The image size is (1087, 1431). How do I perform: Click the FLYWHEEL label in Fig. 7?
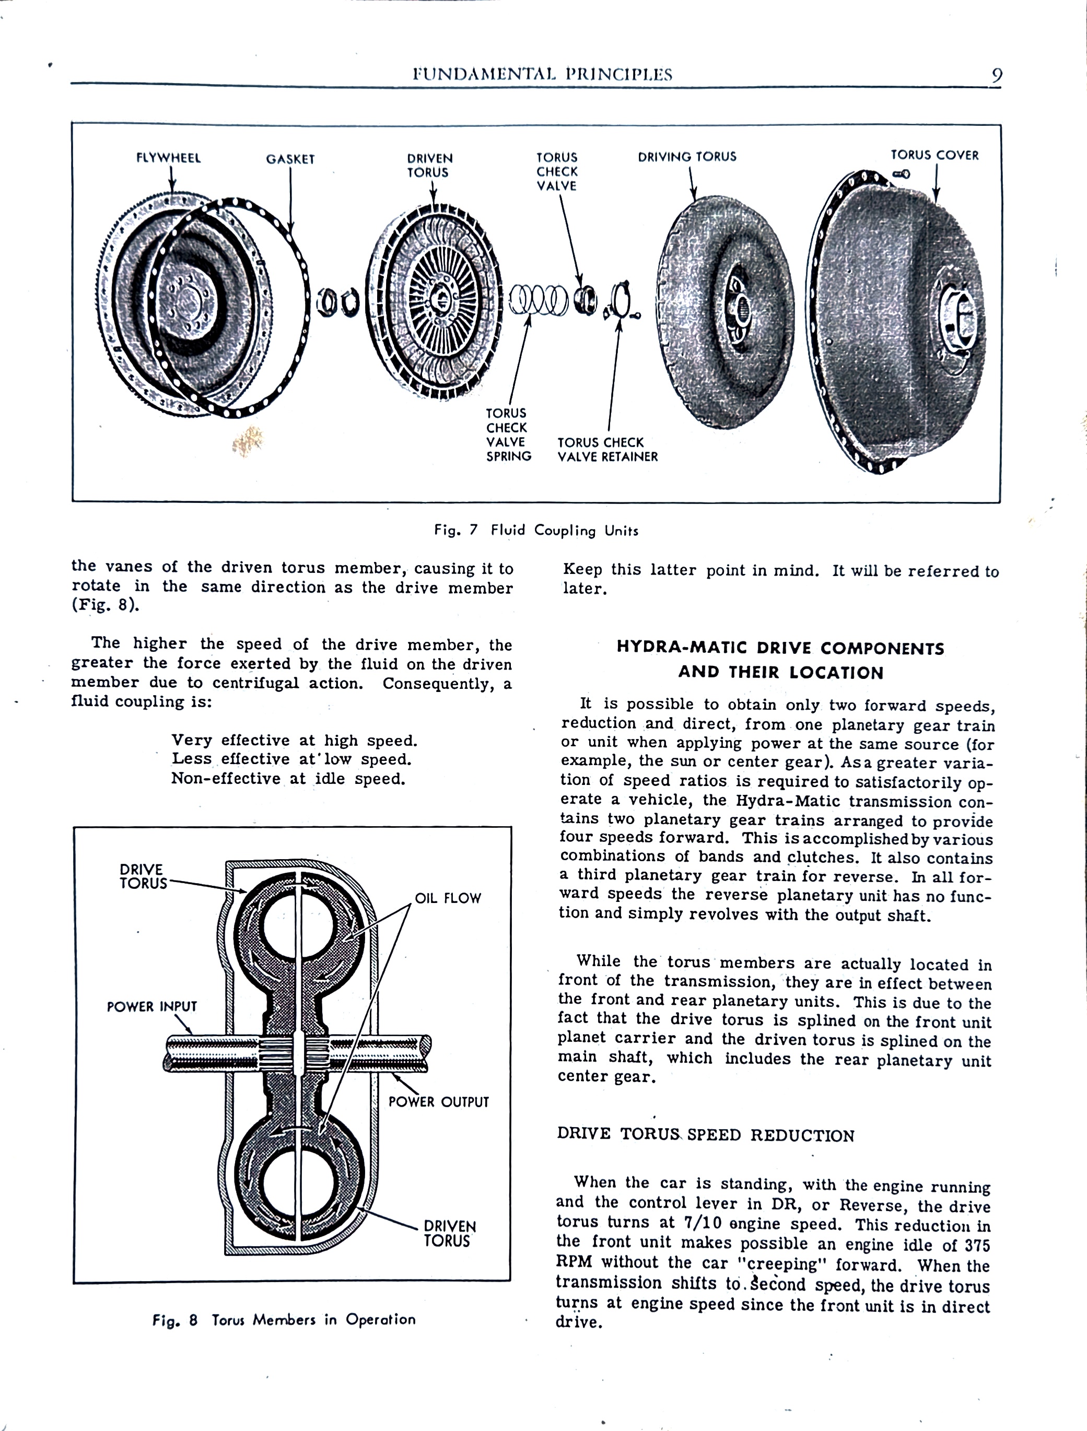[168, 158]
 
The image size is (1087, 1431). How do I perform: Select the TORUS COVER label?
[934, 155]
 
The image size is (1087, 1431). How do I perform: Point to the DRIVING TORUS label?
[686, 157]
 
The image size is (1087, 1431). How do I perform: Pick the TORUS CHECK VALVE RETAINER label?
[607, 450]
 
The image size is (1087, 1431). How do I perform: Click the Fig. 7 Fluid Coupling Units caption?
[536, 531]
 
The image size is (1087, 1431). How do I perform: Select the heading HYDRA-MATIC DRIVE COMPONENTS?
[780, 648]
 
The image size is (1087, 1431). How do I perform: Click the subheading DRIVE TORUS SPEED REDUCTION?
[705, 1135]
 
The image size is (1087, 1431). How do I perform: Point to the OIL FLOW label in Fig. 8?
[448, 898]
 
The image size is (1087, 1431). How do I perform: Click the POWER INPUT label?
[151, 1006]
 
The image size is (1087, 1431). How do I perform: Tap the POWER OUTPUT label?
[438, 1102]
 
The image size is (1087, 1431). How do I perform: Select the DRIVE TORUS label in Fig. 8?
[143, 876]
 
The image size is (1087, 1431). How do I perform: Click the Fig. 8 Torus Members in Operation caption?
[284, 1320]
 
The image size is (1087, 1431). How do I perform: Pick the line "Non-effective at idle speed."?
[288, 778]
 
